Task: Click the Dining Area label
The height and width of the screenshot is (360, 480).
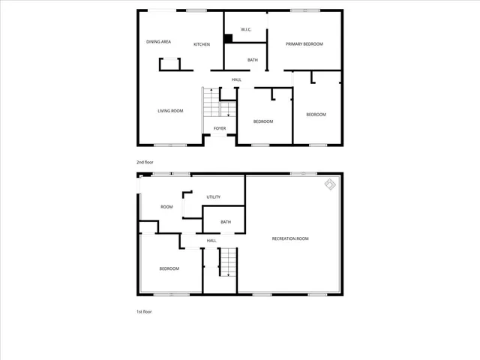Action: tap(158, 42)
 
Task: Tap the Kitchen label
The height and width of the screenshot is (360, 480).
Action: tap(202, 45)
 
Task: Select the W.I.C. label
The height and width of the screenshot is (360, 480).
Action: tap(245, 30)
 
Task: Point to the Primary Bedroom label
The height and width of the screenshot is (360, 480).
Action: tap(304, 44)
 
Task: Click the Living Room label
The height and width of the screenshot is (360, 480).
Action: tap(170, 111)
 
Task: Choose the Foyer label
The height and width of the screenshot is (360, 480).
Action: tap(220, 128)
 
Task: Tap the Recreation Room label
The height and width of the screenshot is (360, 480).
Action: tap(290, 238)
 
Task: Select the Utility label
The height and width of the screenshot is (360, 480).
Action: tap(213, 196)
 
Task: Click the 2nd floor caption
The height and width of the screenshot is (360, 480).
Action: tap(144, 162)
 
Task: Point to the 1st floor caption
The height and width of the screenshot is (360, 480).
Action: tap(143, 311)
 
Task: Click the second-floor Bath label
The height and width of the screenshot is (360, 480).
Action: tap(253, 60)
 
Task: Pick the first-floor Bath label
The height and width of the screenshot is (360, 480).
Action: tap(226, 222)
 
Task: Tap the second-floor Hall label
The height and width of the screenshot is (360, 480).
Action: tap(236, 79)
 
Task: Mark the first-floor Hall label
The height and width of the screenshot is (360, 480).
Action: tap(211, 240)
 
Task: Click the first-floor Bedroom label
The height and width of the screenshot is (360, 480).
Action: tap(169, 268)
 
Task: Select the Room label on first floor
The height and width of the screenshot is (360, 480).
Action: tap(166, 207)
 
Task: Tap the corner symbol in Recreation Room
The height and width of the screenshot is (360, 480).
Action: tap(330, 184)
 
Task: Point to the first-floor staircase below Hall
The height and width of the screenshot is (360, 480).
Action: tap(227, 264)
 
